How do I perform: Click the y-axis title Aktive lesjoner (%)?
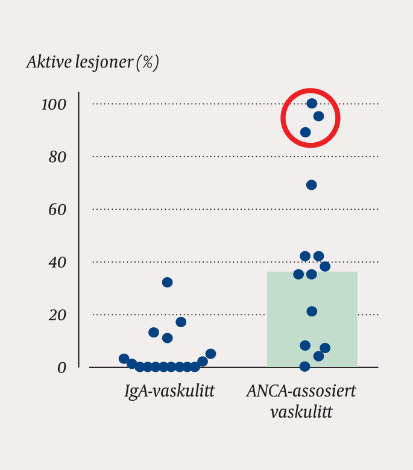coord(92,63)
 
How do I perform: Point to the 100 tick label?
coord(53,104)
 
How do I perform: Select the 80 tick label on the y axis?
coord(57,157)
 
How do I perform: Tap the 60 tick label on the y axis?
coord(57,210)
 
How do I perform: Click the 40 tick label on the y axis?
coord(57,263)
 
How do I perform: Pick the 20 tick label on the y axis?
coord(57,315)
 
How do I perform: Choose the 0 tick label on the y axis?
coord(61,367)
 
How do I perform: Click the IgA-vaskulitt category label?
coord(169,392)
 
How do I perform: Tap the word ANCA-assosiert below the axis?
coord(301,392)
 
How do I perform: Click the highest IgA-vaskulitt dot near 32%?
coord(167,282)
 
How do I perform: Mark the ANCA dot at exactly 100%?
coord(312,104)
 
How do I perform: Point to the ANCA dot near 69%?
coord(311,185)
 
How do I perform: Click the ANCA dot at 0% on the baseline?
coord(305,366)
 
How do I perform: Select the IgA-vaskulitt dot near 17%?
coord(181,322)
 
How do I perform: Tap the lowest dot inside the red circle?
coord(305,133)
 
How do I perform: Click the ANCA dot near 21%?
coord(312,311)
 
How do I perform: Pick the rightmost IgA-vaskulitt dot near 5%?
coord(210,354)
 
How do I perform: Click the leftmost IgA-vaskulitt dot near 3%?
coord(124,359)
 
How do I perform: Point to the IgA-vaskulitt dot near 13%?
coord(154,332)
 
